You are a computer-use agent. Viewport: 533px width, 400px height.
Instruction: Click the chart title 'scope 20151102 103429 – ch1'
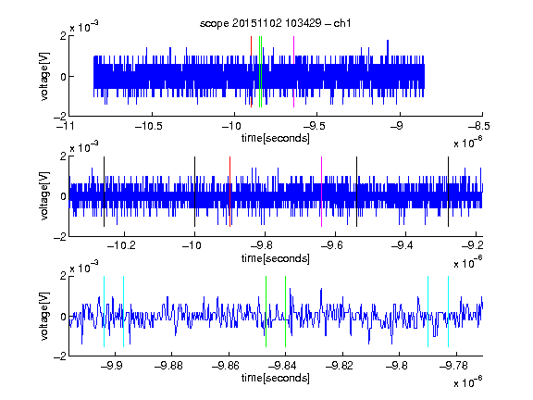[275, 23]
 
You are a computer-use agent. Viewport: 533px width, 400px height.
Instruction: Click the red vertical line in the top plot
[251, 72]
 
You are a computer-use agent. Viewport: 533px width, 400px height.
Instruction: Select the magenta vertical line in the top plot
[293, 72]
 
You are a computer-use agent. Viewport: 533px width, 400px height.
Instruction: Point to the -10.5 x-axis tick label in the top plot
[149, 126]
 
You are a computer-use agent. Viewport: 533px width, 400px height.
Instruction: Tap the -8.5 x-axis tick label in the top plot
[479, 126]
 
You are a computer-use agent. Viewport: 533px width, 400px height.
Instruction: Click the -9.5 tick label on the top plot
[314, 126]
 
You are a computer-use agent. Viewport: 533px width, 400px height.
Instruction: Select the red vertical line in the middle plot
[229, 192]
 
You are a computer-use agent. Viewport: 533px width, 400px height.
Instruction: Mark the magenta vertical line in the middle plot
[321, 192]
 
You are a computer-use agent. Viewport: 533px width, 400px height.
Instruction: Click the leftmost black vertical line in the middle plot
[104, 192]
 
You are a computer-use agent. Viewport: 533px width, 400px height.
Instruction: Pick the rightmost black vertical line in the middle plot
[448, 192]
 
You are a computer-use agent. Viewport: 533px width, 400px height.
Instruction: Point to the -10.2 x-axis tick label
[121, 245]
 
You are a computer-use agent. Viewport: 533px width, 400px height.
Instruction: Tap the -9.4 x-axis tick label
[403, 245]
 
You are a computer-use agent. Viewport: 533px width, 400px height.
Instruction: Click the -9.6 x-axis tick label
[332, 245]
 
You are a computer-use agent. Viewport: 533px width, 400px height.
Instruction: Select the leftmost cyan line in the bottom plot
[104, 311]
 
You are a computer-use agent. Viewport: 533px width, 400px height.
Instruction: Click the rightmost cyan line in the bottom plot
[448, 311]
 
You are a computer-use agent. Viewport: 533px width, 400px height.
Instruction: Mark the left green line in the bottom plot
[266, 311]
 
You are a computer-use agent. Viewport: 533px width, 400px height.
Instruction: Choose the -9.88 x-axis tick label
[168, 366]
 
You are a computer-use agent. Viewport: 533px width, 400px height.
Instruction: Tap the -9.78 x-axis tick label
[453, 366]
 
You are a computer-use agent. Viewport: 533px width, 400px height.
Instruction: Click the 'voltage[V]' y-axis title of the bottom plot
[44, 316]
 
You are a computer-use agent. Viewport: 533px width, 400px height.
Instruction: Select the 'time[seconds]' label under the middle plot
[276, 258]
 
